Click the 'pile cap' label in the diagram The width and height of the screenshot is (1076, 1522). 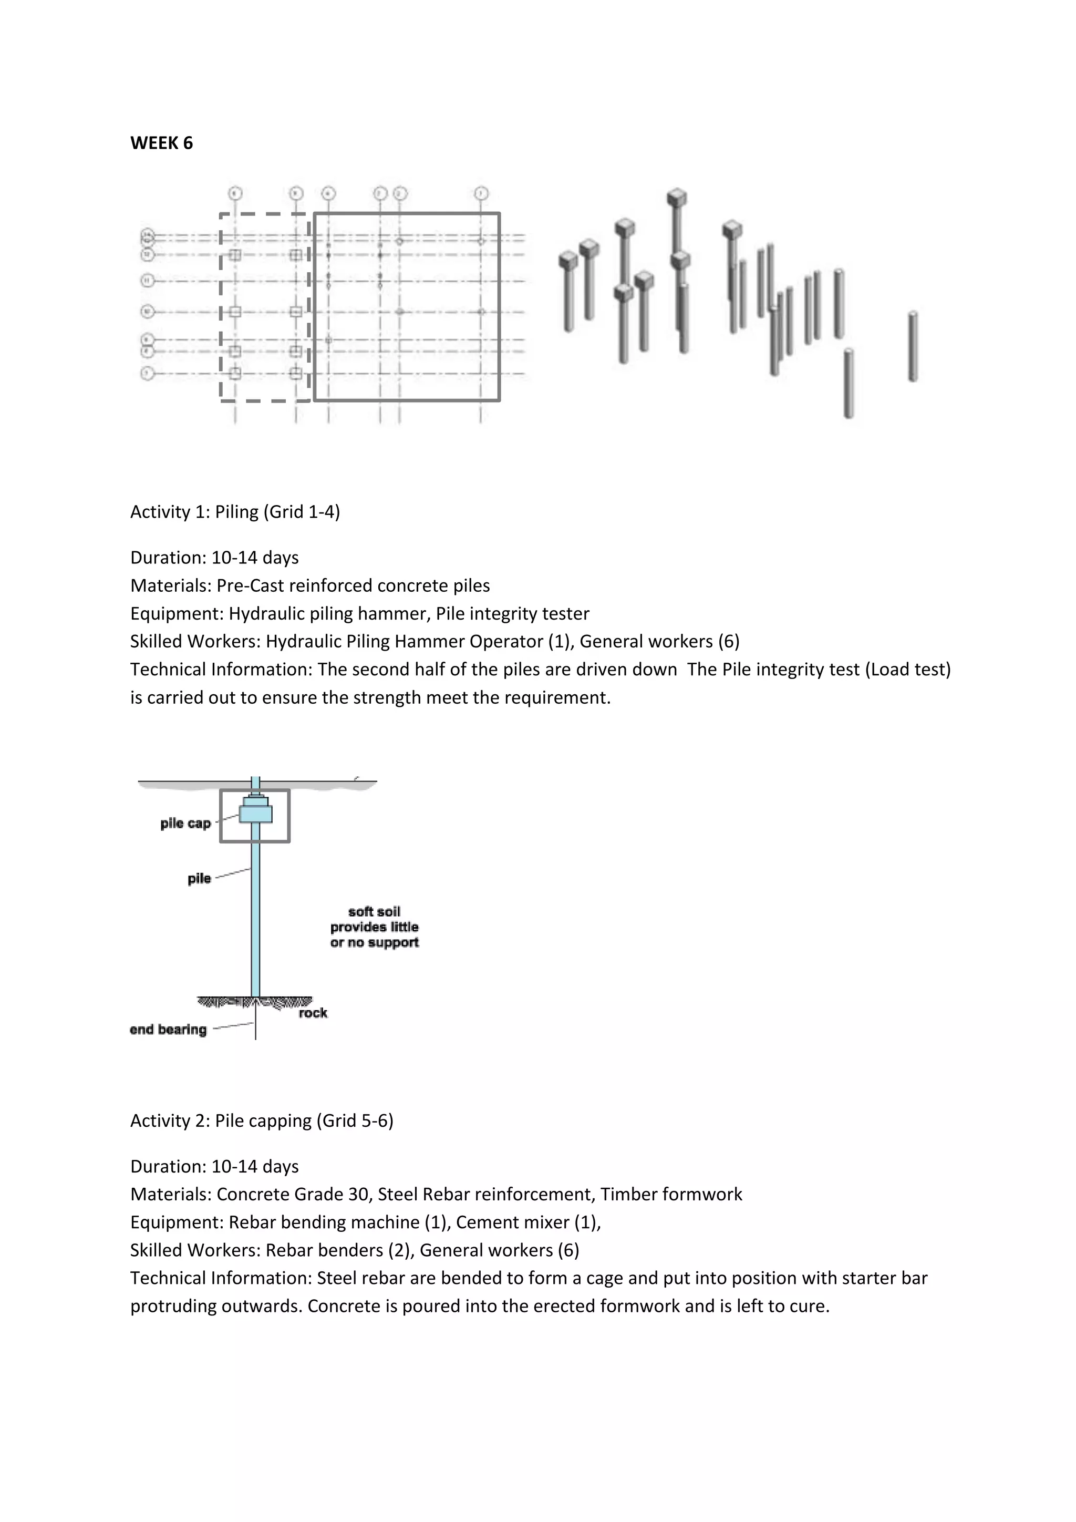click(185, 824)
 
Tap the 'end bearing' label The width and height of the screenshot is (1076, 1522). click(168, 1030)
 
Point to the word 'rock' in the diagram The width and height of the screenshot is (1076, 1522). click(313, 1013)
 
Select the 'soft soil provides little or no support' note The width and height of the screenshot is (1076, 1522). click(375, 927)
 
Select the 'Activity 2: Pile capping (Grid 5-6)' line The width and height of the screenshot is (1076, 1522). click(262, 1120)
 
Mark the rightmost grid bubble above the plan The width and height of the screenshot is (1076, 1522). click(481, 193)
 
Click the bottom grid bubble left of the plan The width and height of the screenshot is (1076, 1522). click(147, 374)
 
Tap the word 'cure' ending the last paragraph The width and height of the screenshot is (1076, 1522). click(813, 1306)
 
